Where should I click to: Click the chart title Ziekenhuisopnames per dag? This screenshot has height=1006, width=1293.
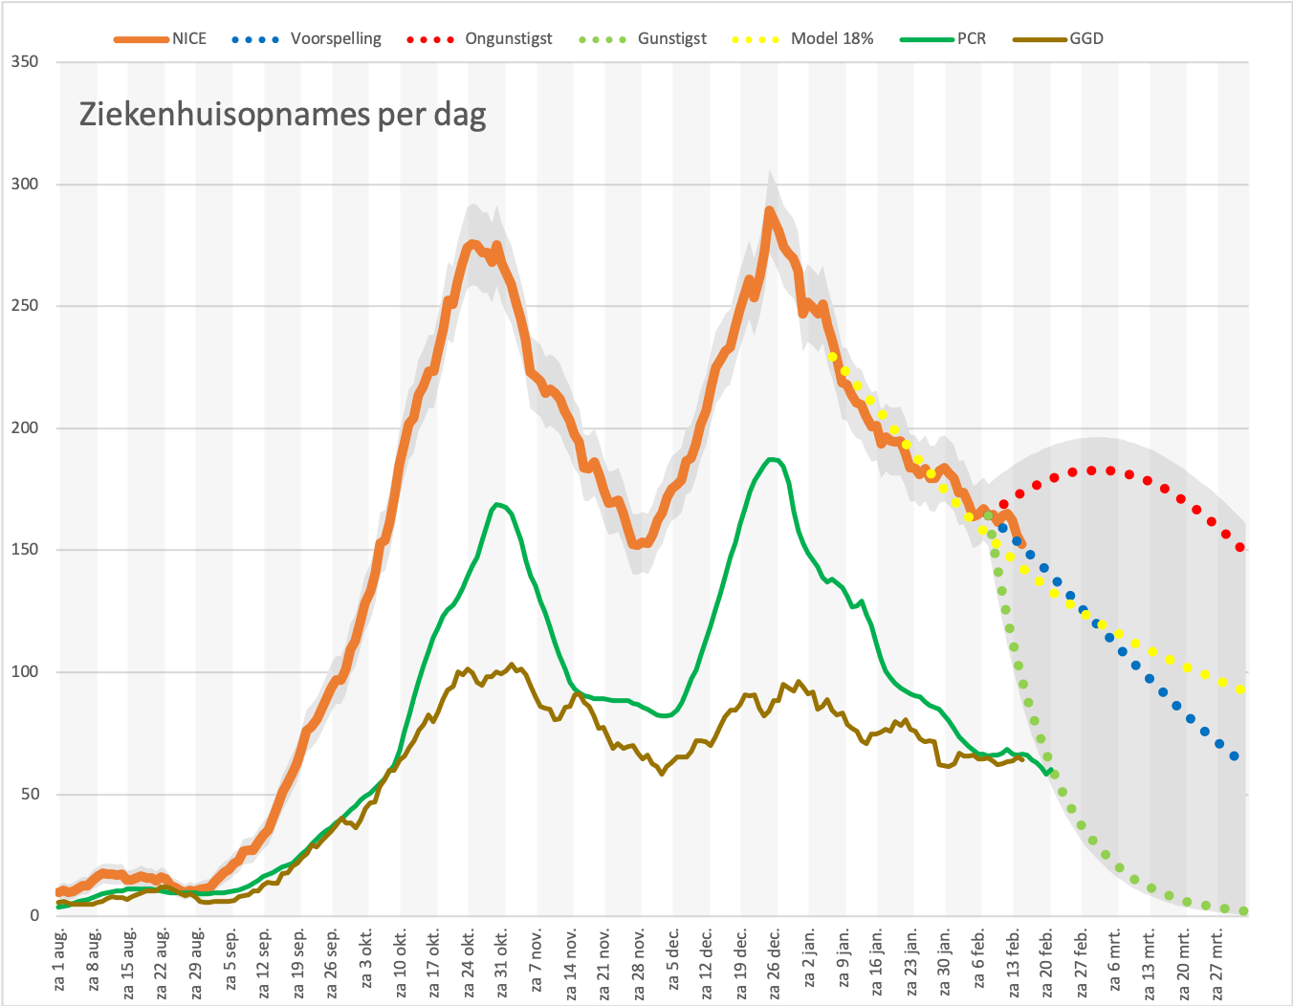283,114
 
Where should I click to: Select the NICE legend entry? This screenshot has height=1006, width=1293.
160,38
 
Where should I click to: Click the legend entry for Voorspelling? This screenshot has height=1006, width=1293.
306,38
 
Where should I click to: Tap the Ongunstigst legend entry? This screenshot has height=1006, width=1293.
479,38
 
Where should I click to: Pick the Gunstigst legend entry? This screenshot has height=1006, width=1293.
643,38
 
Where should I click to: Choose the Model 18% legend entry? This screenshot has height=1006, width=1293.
802,38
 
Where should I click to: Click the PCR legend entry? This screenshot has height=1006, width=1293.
943,38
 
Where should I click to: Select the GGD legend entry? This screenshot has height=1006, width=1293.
1058,38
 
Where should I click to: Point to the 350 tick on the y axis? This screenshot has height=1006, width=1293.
25,62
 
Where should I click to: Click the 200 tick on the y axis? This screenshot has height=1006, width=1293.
25,427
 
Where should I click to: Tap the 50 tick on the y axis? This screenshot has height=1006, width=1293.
30,795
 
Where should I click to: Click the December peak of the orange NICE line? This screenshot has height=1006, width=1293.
769,210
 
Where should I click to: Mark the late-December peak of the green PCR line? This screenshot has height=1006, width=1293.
772,459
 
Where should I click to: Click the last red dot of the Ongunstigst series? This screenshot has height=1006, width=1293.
1240,547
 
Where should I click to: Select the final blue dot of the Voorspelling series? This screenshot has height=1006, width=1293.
1234,756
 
